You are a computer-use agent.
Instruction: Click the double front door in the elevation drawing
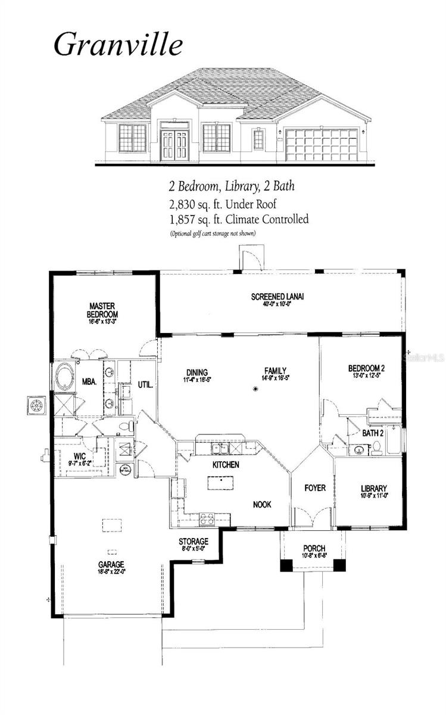pos(174,142)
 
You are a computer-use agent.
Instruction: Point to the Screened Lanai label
pos(278,297)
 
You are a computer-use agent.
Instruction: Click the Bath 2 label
pos(373,434)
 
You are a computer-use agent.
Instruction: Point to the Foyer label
pos(315,488)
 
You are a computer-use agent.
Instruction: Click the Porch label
pos(314,548)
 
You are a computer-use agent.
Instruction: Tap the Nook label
pos(261,504)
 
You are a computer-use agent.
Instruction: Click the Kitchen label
pos(226,464)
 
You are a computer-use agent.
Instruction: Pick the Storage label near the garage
pos(194,542)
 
